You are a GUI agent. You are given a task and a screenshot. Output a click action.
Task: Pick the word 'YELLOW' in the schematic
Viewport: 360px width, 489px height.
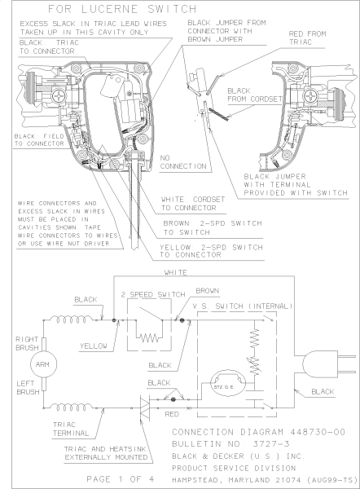tap(96, 345)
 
